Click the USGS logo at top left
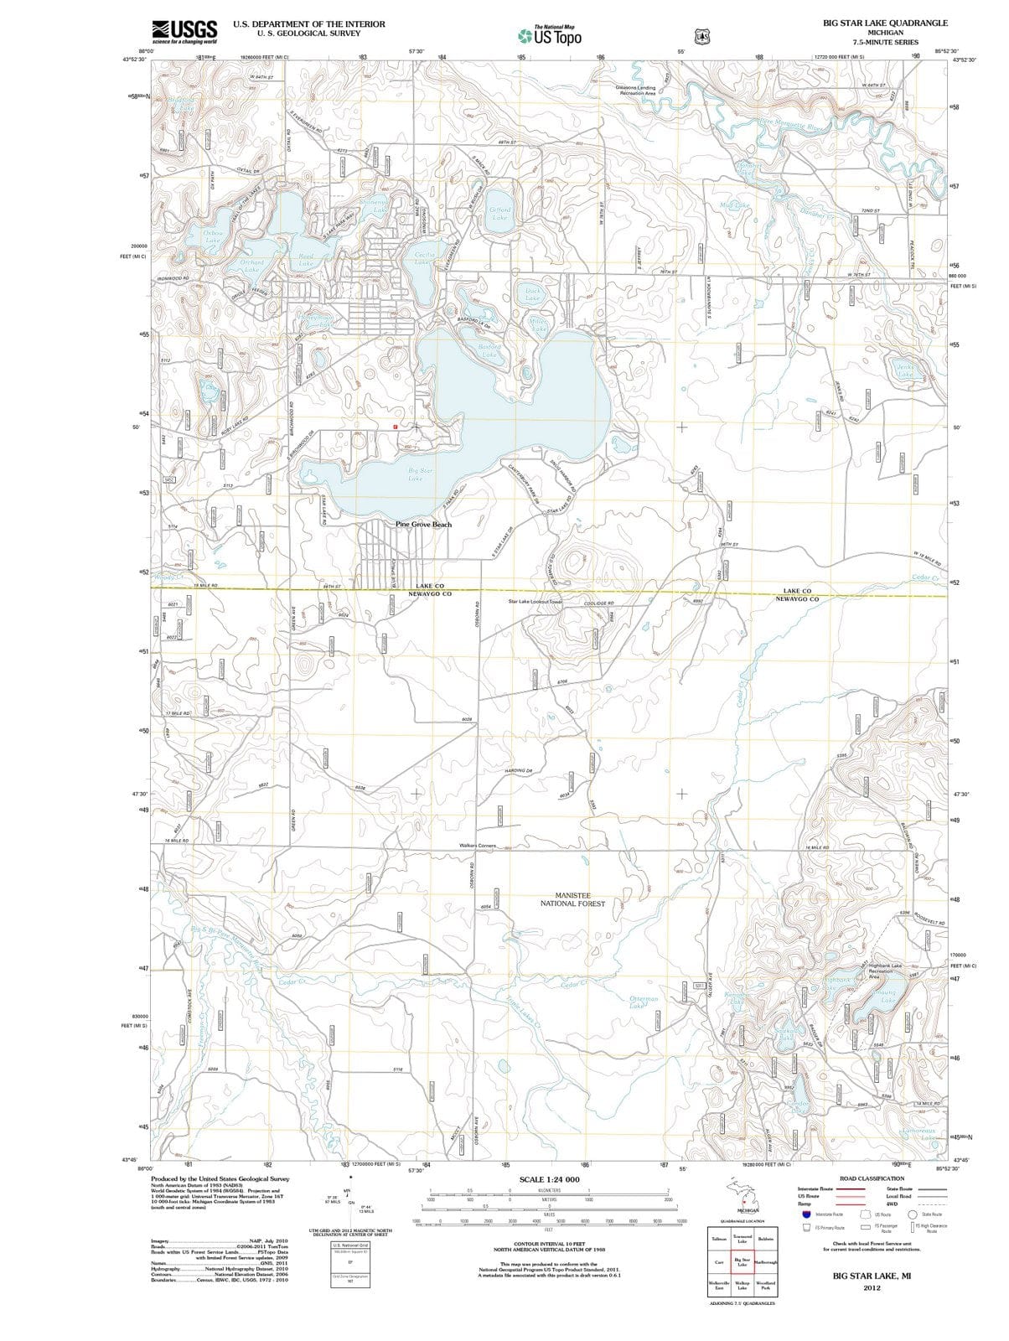[184, 31]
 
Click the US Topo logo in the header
[549, 36]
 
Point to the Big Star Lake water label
[416, 474]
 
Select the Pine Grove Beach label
[423, 525]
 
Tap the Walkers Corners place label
[479, 846]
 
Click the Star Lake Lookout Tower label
[535, 602]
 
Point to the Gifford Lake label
[499, 214]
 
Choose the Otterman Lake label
[643, 1002]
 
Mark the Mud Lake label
[735, 205]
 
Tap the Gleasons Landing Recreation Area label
[635, 90]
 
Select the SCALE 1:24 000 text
[549, 1178]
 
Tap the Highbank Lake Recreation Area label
[886, 971]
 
